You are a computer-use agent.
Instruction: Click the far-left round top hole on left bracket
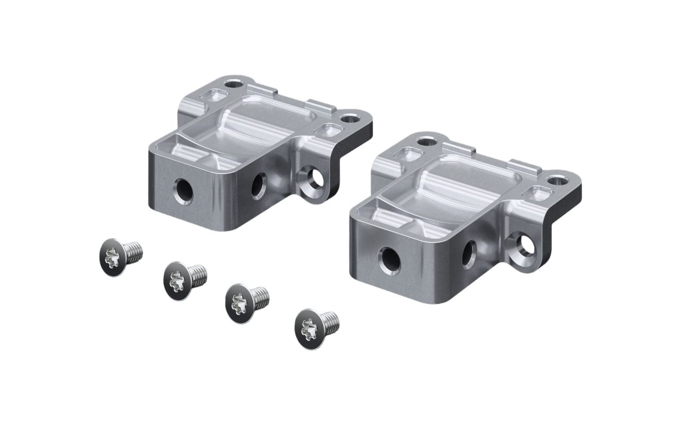pyautogui.click(x=232, y=84)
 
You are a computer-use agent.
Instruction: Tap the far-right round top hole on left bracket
pyautogui.click(x=350, y=118)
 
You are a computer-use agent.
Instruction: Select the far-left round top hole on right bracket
pyautogui.click(x=426, y=142)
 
